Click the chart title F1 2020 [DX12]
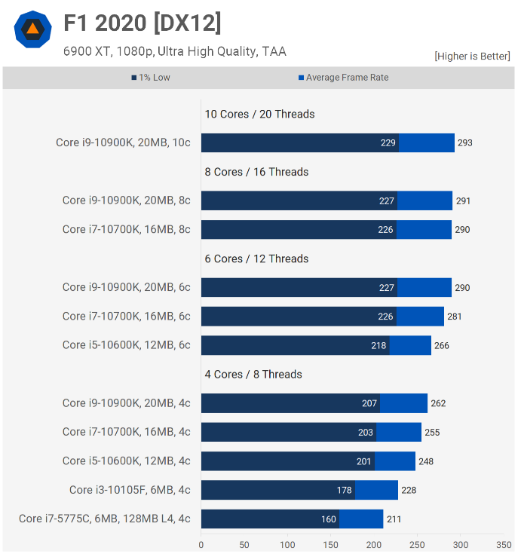pyautogui.click(x=142, y=23)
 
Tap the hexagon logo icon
pyautogui.click(x=32, y=29)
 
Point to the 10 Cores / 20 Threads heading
pyautogui.click(x=259, y=115)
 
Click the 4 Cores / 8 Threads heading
pyautogui.click(x=253, y=375)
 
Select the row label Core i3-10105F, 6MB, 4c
pyautogui.click(x=130, y=490)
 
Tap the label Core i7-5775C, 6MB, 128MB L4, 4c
pyautogui.click(x=105, y=519)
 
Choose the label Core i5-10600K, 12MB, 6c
pyautogui.click(x=127, y=345)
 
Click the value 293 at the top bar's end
pyautogui.click(x=465, y=143)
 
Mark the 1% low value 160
pyautogui.click(x=328, y=519)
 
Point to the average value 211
pyautogui.click(x=394, y=519)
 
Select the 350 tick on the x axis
pyautogui.click(x=504, y=544)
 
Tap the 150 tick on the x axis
pyautogui.click(x=331, y=544)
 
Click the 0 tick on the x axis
pyautogui.click(x=201, y=544)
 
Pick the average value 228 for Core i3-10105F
pyautogui.click(x=409, y=491)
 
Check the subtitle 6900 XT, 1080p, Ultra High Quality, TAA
pyautogui.click(x=175, y=52)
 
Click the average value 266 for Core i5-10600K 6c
pyautogui.click(x=442, y=345)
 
